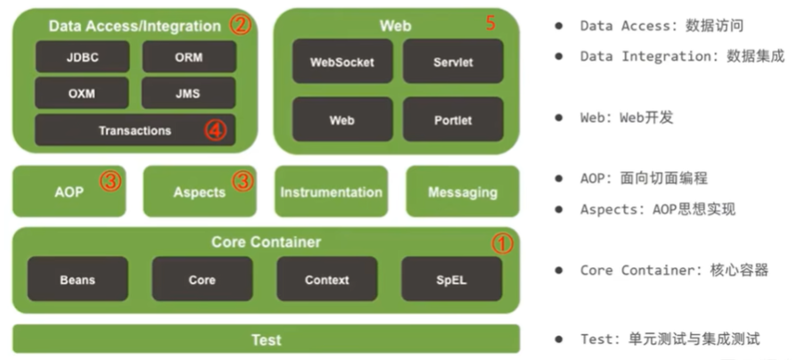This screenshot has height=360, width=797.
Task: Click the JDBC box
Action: tap(82, 56)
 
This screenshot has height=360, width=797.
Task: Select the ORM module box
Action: tap(188, 56)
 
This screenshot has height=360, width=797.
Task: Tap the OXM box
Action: tap(82, 93)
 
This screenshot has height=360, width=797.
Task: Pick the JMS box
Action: tap(188, 93)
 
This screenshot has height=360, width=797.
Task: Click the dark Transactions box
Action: tap(135, 130)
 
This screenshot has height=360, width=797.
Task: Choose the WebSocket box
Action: tap(342, 62)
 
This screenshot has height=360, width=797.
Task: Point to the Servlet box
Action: tap(453, 62)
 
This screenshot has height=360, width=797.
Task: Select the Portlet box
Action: tap(453, 119)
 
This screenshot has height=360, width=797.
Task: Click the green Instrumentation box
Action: tap(331, 192)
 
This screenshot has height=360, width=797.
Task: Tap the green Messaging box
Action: tap(462, 192)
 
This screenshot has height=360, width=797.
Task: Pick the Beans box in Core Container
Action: tap(78, 279)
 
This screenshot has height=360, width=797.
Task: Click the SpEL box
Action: tap(451, 279)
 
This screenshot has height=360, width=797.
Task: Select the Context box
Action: tap(326, 279)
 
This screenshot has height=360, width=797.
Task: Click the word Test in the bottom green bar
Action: tap(266, 340)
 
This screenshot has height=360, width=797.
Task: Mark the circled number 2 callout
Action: tap(239, 25)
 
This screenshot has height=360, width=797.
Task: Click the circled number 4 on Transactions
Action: tap(217, 131)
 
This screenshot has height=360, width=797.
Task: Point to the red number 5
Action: tap(490, 23)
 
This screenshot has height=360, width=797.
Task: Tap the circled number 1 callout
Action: tap(503, 242)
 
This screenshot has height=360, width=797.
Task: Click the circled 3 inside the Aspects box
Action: tap(242, 182)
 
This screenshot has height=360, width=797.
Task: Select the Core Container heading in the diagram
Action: tap(266, 241)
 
